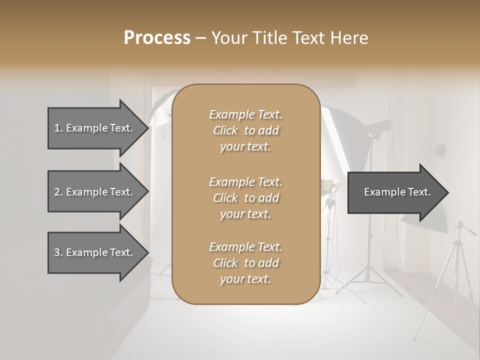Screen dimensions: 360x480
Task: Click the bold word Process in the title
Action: pyautogui.click(x=157, y=38)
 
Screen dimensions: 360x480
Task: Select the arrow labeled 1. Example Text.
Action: pyautogui.click(x=95, y=128)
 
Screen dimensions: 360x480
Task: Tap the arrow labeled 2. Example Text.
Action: pyautogui.click(x=95, y=192)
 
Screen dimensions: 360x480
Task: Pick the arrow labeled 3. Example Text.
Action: pyautogui.click(x=95, y=252)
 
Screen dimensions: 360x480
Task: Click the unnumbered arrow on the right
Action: pyautogui.click(x=395, y=192)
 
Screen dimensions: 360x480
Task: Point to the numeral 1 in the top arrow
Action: pyautogui.click(x=56, y=128)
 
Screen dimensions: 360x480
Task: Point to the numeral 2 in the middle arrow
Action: pyautogui.click(x=57, y=192)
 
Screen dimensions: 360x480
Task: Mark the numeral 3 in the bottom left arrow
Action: pyautogui.click(x=57, y=252)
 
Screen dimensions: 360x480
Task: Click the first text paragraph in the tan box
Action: pyautogui.click(x=245, y=130)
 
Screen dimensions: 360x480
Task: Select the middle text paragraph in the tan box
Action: pyautogui.click(x=245, y=198)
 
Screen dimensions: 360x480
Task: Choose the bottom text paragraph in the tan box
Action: pyautogui.click(x=245, y=263)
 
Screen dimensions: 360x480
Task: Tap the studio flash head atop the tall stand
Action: pyautogui.click(x=378, y=127)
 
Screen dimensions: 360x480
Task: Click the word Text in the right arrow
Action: pyautogui.click(x=419, y=192)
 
